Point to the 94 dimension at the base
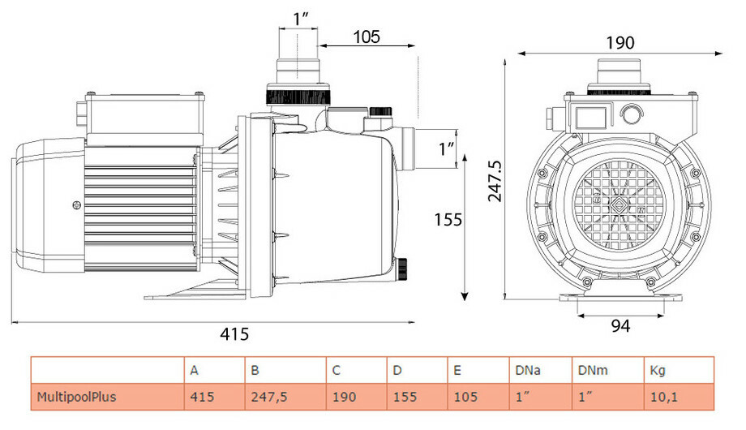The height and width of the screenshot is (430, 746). pos(620,325)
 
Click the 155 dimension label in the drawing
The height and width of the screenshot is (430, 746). pos(448,219)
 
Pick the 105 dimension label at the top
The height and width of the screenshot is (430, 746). pos(367,37)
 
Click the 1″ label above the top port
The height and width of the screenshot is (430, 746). pos(302,19)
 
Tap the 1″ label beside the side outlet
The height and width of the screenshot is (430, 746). pos(445,148)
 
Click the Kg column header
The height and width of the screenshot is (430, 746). pos(658,371)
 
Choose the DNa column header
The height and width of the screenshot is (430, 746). pos(528,371)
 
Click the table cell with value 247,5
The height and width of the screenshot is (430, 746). pos(268,398)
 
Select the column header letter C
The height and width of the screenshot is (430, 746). pos(336,371)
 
